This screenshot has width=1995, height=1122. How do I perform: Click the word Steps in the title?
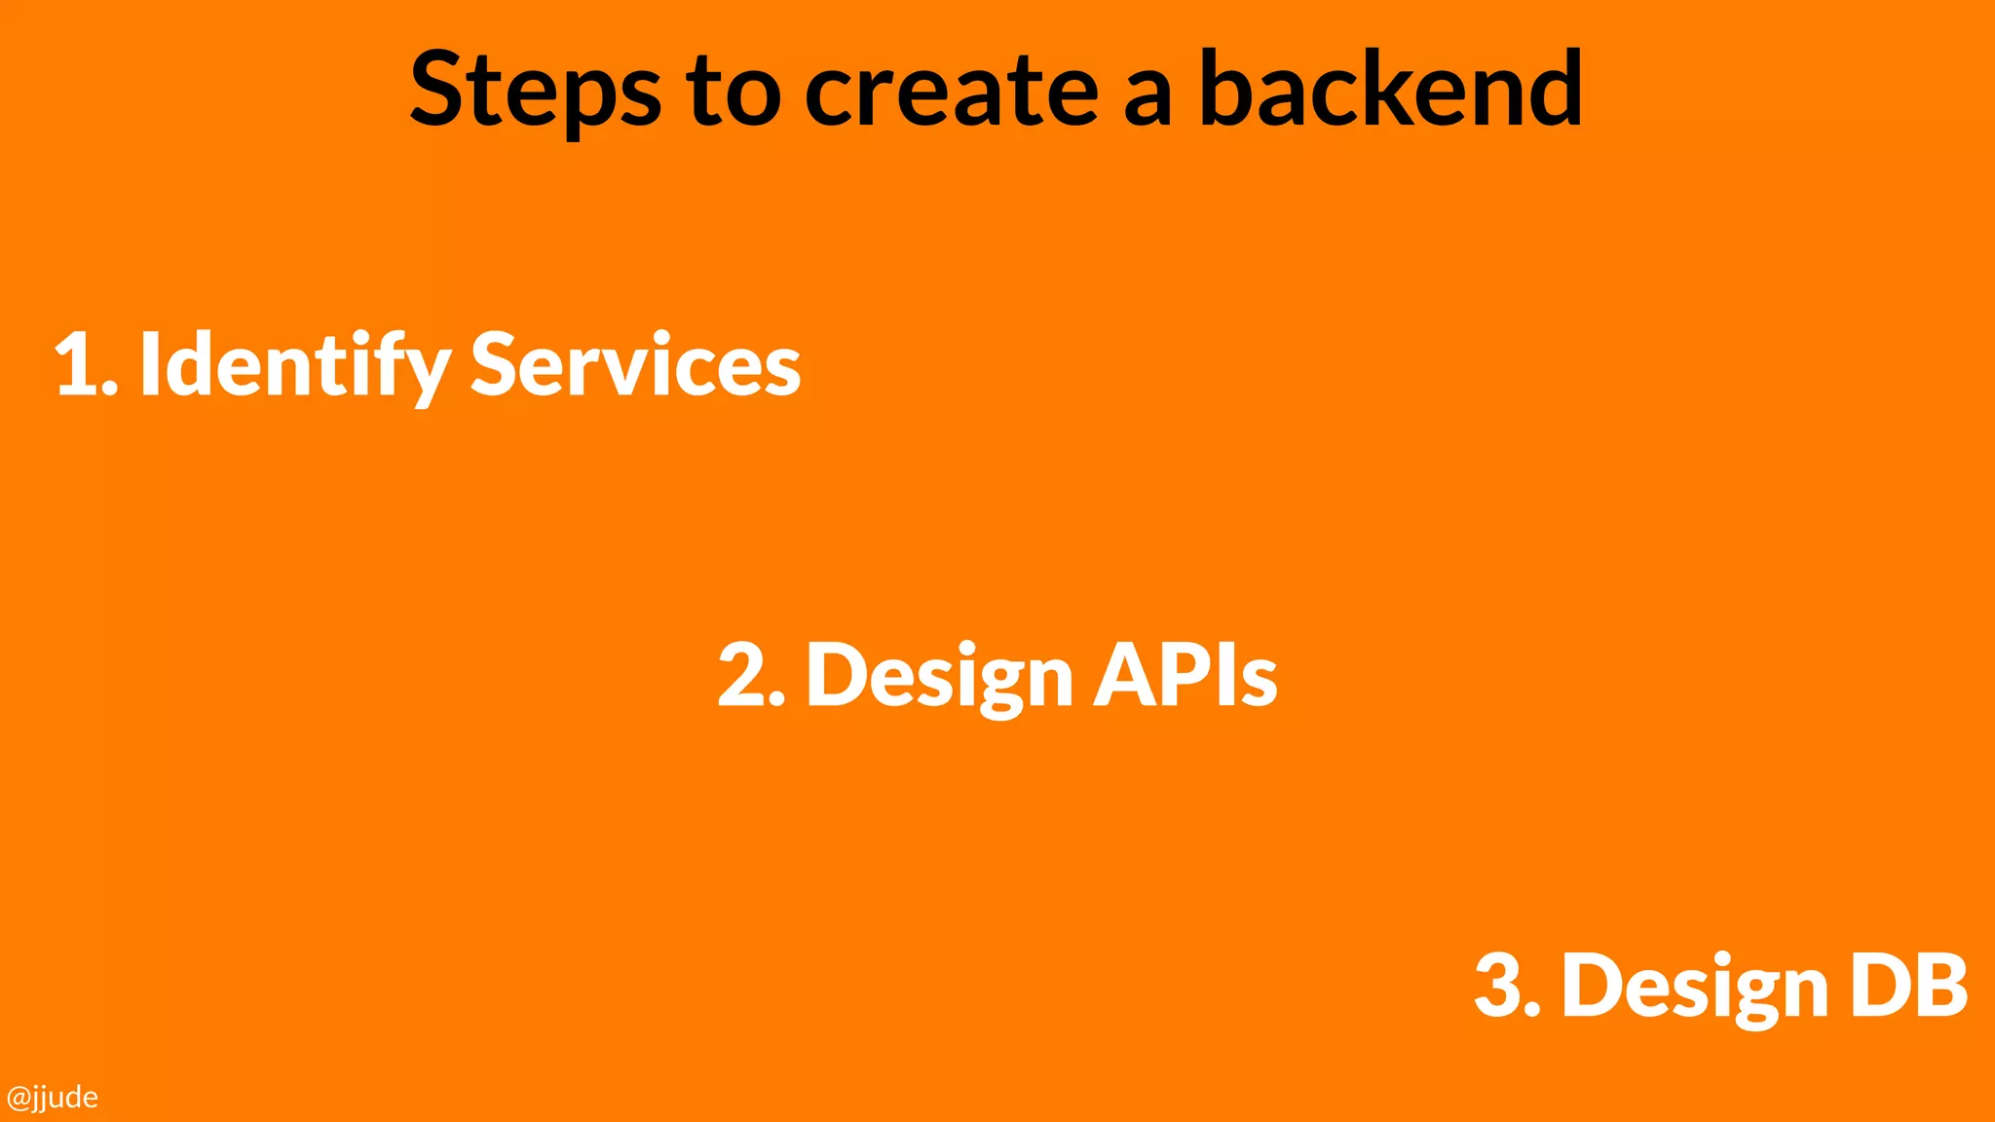pos(535,91)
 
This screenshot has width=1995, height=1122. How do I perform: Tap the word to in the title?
pos(733,91)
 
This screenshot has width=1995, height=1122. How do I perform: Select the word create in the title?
pos(952,91)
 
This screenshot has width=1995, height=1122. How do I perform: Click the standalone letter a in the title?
pos(1147,97)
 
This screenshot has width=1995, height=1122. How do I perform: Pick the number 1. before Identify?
pos(86,365)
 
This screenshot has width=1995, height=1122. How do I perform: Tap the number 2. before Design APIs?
pos(750,675)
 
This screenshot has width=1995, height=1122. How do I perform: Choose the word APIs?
pos(1185,674)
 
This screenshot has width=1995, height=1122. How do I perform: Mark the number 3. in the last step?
pos(1507,986)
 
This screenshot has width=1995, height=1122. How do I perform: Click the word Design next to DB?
pos(1695,987)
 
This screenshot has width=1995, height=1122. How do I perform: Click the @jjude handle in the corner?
pos(52,1098)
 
